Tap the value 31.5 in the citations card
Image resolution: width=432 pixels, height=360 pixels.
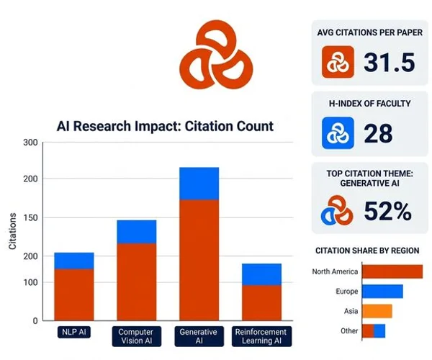[390, 63]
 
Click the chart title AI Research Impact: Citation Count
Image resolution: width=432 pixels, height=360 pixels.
[165, 126]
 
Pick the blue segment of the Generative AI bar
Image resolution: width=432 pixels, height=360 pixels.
[199, 183]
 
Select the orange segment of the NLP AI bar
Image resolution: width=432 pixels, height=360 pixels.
[74, 294]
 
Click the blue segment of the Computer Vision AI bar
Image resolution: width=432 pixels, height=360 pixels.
[136, 231]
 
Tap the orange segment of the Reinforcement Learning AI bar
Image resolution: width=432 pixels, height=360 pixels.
[261, 302]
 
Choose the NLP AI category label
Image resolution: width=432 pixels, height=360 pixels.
[74, 333]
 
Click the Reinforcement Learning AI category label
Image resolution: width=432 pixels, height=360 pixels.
[261, 336]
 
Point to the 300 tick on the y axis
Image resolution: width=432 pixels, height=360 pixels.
[30, 143]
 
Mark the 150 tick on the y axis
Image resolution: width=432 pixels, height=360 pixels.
[30, 217]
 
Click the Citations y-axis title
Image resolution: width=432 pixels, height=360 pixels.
[12, 232]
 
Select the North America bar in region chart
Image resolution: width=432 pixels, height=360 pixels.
[392, 271]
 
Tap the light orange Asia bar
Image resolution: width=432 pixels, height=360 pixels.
[377, 311]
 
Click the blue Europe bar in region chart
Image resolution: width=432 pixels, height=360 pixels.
[382, 292]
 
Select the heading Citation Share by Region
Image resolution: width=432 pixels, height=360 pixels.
[367, 251]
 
